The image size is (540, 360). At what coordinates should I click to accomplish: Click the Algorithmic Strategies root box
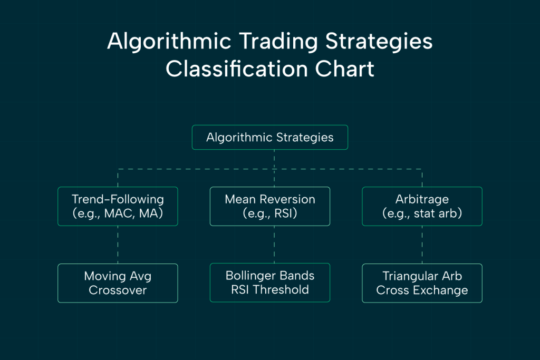pyautogui.click(x=269, y=138)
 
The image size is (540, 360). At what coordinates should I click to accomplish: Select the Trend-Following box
pyautogui.click(x=118, y=206)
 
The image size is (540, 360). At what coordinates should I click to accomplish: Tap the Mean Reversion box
pyautogui.click(x=269, y=206)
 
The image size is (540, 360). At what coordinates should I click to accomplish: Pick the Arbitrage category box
pyautogui.click(x=422, y=206)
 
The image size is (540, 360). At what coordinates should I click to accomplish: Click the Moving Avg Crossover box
pyautogui.click(x=118, y=283)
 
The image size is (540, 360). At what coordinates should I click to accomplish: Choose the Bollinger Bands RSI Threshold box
pyautogui.click(x=269, y=283)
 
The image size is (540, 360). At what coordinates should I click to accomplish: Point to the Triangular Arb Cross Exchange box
pyautogui.click(x=422, y=283)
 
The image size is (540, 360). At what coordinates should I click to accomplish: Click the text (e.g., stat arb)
pyautogui.click(x=422, y=214)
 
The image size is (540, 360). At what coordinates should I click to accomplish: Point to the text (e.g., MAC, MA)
pyautogui.click(x=118, y=214)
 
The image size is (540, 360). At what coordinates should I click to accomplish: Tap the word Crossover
pyautogui.click(x=118, y=290)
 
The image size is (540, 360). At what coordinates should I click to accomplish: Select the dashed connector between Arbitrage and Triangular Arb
pyautogui.click(x=422, y=245)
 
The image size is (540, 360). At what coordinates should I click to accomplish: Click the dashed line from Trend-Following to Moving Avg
pyautogui.click(x=118, y=245)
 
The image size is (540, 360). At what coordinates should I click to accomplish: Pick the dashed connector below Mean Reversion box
pyautogui.click(x=274, y=245)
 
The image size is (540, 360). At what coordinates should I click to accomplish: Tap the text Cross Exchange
pyautogui.click(x=422, y=290)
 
